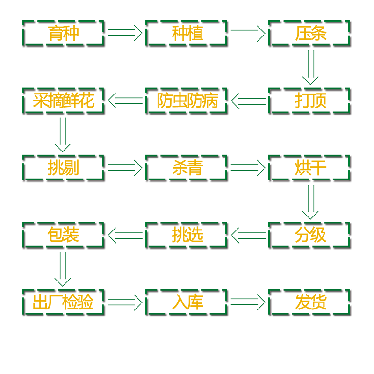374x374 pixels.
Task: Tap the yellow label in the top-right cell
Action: [310, 34]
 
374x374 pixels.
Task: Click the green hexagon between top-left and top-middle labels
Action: [125, 34]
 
